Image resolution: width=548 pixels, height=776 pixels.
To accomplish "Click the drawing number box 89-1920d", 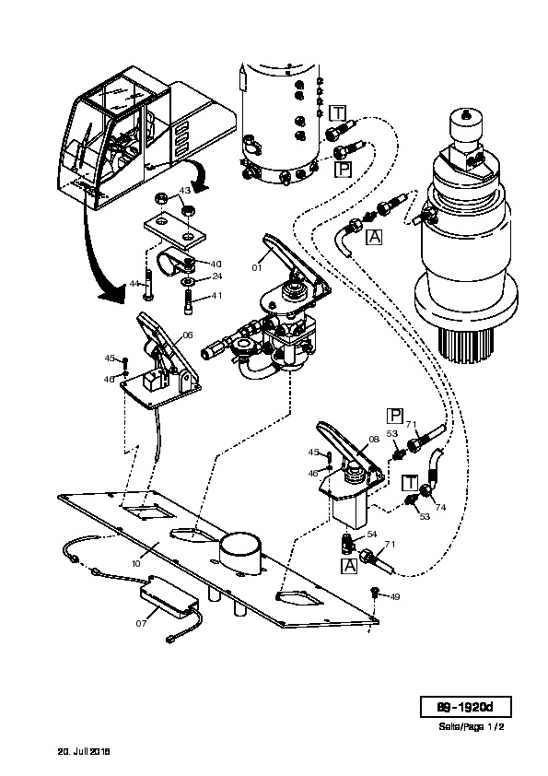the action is tap(465, 707).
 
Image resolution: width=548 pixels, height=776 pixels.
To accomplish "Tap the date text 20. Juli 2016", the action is tap(84, 751).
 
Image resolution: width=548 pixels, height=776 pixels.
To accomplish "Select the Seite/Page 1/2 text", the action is tap(472, 726).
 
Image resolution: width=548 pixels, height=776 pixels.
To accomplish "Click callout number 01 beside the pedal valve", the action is tap(257, 268).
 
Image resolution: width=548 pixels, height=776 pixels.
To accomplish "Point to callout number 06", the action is tap(188, 335).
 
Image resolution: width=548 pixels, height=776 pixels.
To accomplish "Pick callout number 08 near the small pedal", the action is tap(374, 439).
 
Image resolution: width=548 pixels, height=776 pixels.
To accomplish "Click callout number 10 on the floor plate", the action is tap(135, 563).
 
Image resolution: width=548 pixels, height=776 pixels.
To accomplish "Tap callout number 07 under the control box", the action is tap(142, 624).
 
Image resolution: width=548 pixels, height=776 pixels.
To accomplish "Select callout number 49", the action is tap(395, 597).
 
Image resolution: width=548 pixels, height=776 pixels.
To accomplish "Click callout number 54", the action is tap(372, 535).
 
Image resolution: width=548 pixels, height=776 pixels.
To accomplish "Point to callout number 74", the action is tap(440, 507).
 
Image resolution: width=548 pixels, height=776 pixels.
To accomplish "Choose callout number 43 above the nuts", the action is tap(184, 190).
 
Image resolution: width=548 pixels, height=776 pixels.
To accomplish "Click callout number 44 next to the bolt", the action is tap(134, 284).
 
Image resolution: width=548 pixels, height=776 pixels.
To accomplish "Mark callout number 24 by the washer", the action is tap(217, 276).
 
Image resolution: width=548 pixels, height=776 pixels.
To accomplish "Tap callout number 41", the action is tap(216, 296).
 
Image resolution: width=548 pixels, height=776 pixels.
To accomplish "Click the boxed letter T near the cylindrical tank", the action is tap(338, 113).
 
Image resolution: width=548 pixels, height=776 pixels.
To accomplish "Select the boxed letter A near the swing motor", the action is tap(375, 237).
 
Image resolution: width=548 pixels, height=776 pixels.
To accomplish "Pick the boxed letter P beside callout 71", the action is tap(395, 416).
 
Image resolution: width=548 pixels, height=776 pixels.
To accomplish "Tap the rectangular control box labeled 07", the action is tap(169, 596).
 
